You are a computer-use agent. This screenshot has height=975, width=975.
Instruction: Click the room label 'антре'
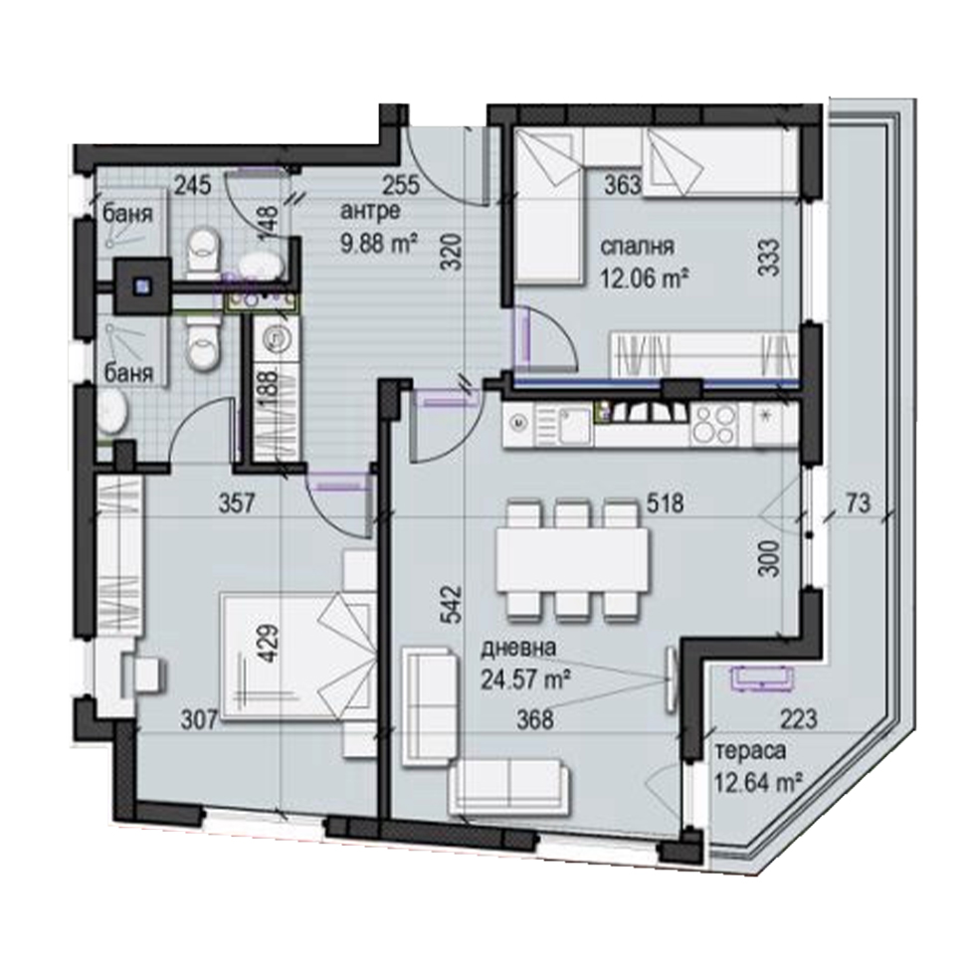click(x=370, y=211)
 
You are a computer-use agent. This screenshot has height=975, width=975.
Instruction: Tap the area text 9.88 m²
click(x=379, y=242)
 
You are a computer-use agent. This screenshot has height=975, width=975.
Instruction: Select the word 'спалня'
click(x=637, y=247)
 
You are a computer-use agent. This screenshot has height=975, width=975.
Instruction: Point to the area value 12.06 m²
click(x=644, y=278)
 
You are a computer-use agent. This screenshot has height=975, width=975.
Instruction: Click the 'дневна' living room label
click(x=518, y=648)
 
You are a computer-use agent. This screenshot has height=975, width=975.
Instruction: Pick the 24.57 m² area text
click(x=526, y=679)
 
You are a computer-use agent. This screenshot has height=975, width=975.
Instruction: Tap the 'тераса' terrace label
click(x=750, y=751)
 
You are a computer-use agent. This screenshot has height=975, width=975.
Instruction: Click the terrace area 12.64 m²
click(x=758, y=782)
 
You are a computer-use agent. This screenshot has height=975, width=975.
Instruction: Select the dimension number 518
click(x=665, y=503)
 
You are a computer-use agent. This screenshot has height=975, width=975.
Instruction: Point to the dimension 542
click(x=451, y=604)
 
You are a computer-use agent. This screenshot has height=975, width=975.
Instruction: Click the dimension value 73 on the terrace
click(x=858, y=503)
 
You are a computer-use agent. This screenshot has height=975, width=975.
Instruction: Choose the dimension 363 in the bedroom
click(x=623, y=184)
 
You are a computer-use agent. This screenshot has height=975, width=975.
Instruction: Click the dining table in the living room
click(x=573, y=558)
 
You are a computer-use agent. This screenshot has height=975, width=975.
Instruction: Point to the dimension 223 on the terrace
click(x=798, y=719)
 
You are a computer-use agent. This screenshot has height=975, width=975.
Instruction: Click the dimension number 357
click(x=237, y=503)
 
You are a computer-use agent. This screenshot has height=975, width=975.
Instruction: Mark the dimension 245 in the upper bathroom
click(x=192, y=185)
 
